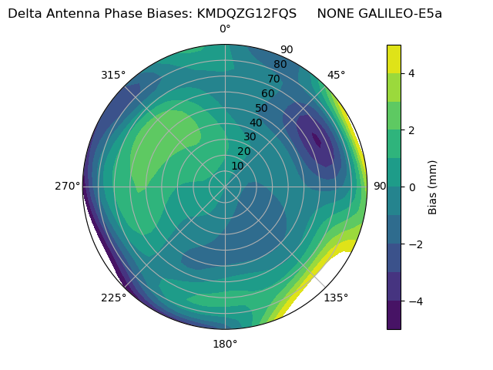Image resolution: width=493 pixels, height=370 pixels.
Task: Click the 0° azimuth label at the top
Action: (x=225, y=29)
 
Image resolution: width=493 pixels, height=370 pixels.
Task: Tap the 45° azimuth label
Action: (x=336, y=75)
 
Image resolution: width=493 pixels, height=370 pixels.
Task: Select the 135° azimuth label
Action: (x=336, y=298)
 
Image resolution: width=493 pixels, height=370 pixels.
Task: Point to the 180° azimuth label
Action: (x=225, y=344)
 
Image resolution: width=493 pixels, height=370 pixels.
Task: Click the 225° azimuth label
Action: (x=113, y=298)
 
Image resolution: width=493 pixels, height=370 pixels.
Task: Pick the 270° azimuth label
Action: (x=68, y=186)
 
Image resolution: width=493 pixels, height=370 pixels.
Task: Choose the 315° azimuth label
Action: (x=113, y=75)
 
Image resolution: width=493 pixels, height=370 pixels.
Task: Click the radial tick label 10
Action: (x=237, y=166)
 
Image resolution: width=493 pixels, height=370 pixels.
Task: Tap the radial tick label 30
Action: (x=250, y=137)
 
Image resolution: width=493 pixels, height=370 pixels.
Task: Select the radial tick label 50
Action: (x=262, y=108)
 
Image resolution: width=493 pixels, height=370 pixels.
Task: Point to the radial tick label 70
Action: (x=274, y=79)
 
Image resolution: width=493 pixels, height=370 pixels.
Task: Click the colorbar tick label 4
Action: (x=412, y=73)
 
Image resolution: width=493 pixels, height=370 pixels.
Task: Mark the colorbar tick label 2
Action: (x=412, y=130)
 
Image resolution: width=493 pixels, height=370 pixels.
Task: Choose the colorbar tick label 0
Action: (x=412, y=187)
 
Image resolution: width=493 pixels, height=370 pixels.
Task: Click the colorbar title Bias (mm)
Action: (x=433, y=187)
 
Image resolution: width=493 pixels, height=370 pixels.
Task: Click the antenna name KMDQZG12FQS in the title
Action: (x=246, y=14)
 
